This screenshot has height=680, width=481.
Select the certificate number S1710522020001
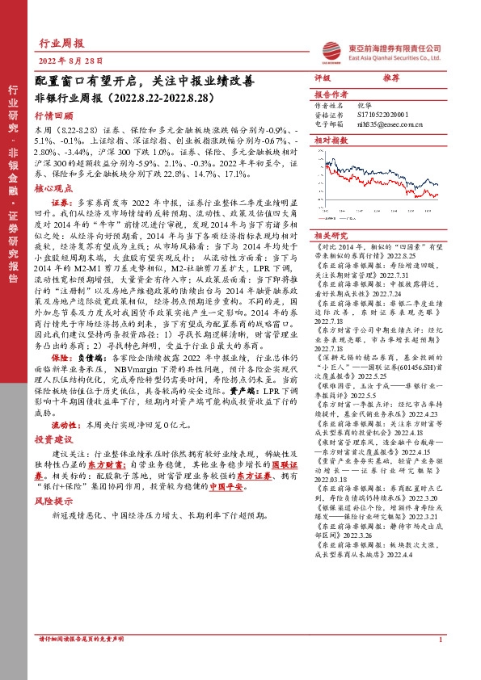tap(383, 115)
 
